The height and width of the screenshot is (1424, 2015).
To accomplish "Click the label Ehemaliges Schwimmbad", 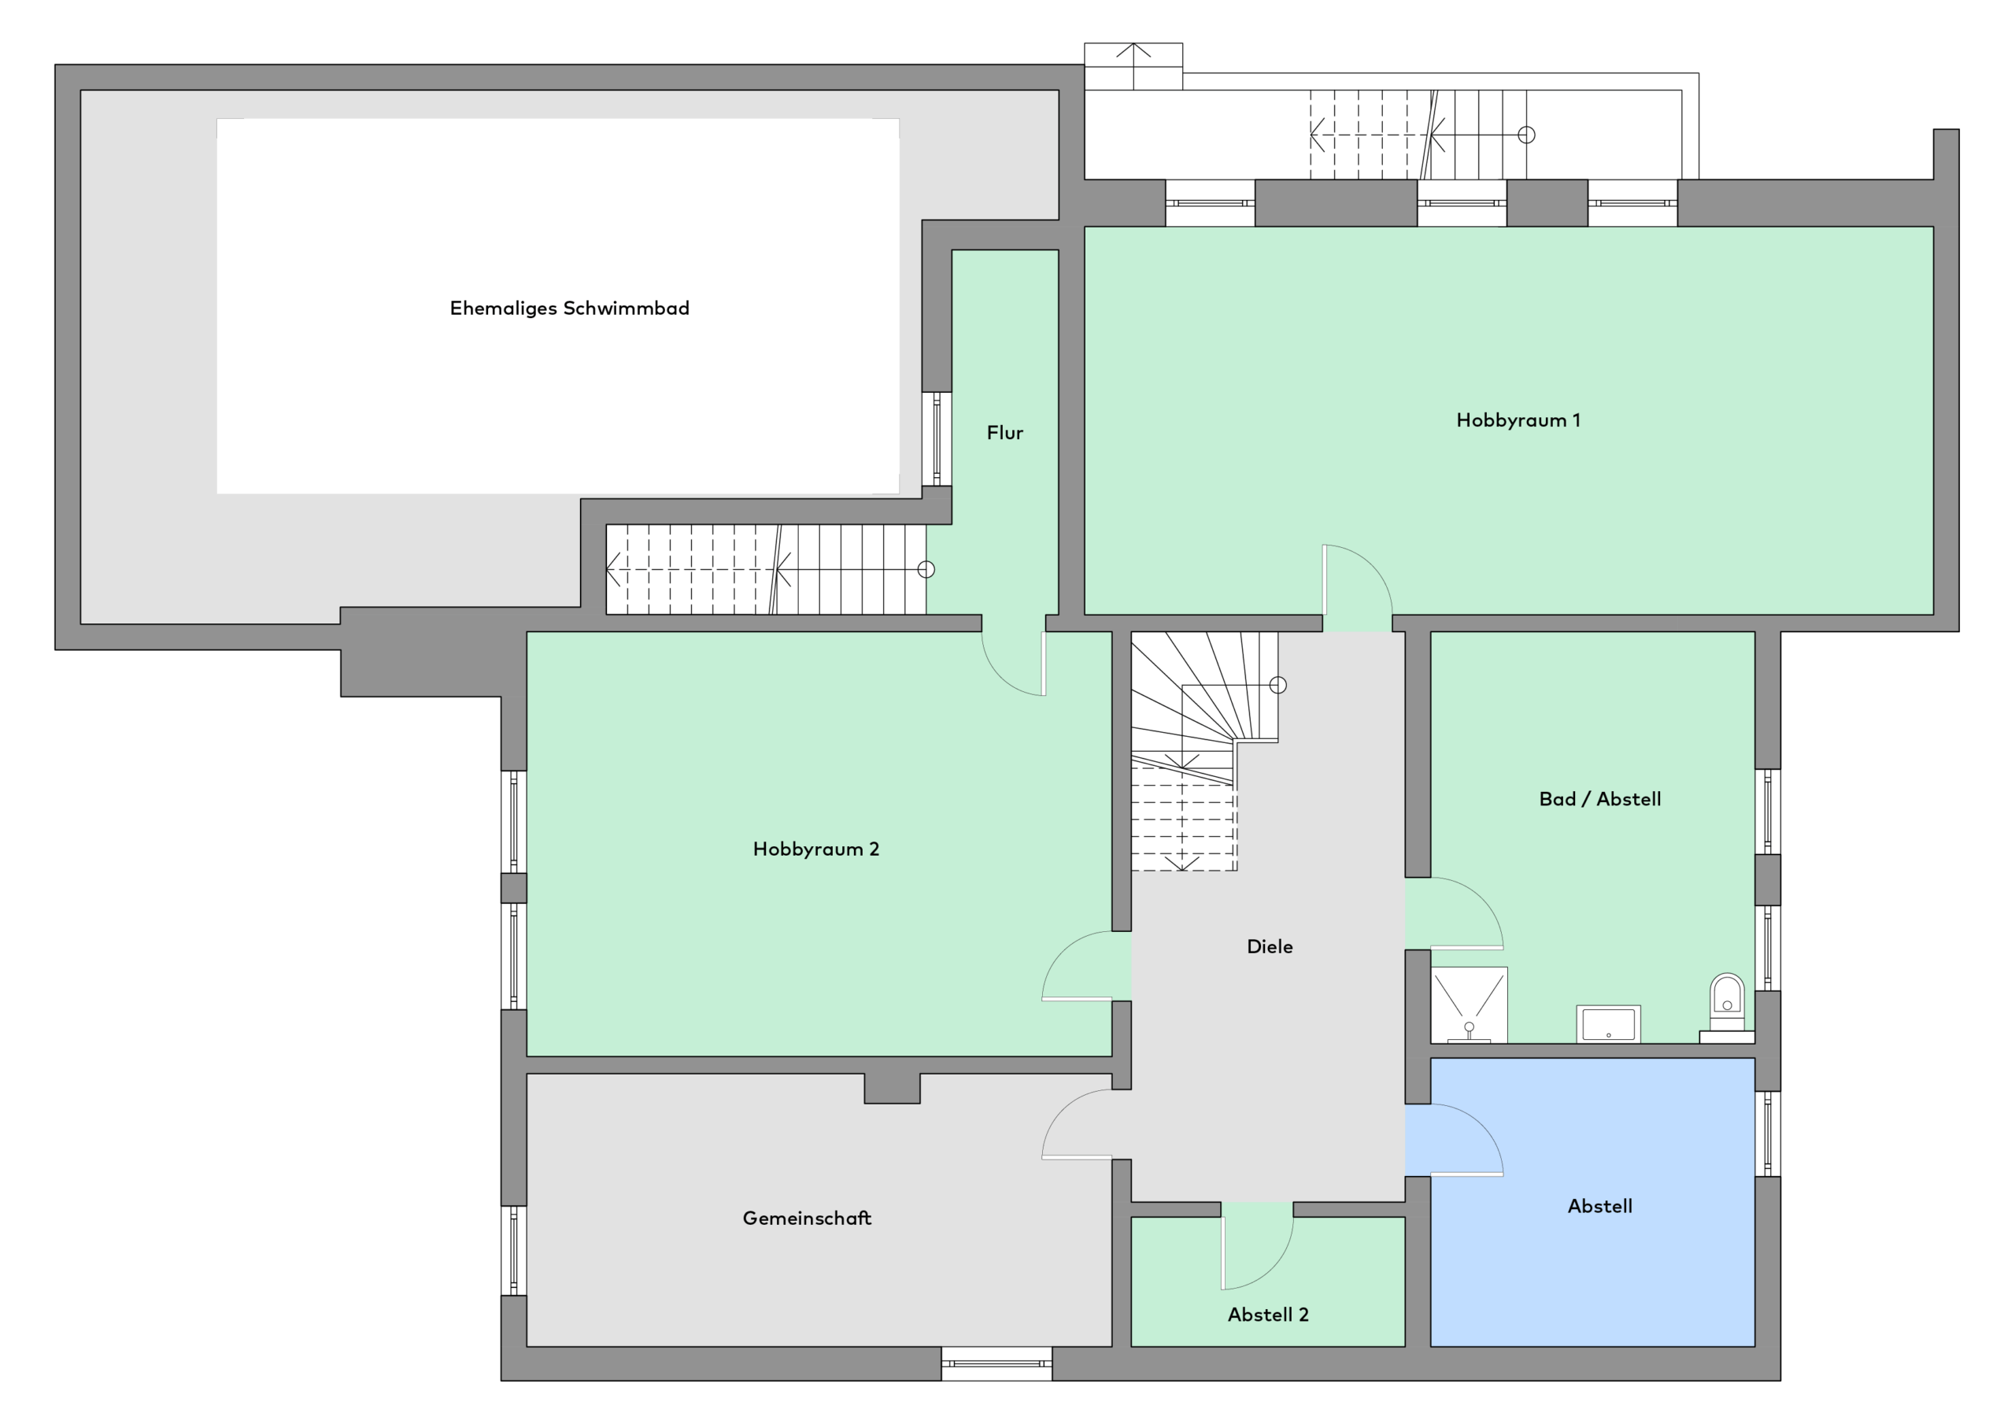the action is pyautogui.click(x=570, y=308).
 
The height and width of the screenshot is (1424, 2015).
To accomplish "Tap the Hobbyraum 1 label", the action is pyautogui.click(x=1518, y=420).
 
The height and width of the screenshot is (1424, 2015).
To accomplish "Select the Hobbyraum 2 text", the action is pyautogui.click(x=816, y=849).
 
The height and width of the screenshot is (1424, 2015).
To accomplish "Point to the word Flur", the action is pyautogui.click(x=1005, y=433).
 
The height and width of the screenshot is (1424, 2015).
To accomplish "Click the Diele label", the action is pyautogui.click(x=1270, y=946).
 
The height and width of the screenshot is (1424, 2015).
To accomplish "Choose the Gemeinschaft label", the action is pyautogui.click(x=808, y=1218).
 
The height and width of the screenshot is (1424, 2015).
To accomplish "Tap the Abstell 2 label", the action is pyautogui.click(x=1268, y=1315).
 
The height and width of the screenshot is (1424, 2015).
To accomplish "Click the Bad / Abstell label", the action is pyautogui.click(x=1600, y=799).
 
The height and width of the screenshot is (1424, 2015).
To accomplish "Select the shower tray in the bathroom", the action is pyautogui.click(x=1469, y=1004).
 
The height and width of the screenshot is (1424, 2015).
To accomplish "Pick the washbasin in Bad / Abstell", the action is pyautogui.click(x=1608, y=1023).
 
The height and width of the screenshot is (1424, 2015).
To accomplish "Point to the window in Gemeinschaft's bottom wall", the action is pyautogui.click(x=996, y=1363).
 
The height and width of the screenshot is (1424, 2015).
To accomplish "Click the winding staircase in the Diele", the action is pyautogui.click(x=1203, y=751).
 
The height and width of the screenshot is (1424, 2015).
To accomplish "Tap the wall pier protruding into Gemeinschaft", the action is pyautogui.click(x=892, y=1089).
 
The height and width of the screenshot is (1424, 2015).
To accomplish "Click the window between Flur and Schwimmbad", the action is pyautogui.click(x=937, y=439).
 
